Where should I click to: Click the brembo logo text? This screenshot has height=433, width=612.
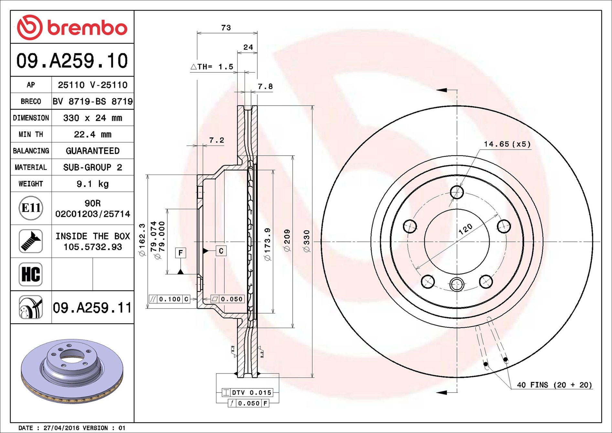coord(87,27)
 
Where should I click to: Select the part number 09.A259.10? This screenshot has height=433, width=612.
coord(72,61)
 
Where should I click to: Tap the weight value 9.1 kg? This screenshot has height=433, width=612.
coord(92,184)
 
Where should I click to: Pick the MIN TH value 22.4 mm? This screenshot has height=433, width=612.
coord(92,134)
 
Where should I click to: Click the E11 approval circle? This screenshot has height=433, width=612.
coord(31,208)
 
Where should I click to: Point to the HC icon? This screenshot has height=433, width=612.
coord(31,274)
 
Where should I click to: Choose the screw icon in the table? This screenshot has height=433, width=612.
coord(31,241)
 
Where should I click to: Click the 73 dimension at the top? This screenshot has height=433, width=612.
coord(226,28)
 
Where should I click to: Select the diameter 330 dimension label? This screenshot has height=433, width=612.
coord(306,241)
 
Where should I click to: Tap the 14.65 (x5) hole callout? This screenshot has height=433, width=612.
coord(507,144)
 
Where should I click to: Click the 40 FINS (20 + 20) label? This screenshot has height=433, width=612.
coord(554,385)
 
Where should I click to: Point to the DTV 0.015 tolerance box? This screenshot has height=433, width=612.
coord(247,393)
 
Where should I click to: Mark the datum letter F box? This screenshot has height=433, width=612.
coord(181,253)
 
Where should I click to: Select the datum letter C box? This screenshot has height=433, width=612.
coord(221,251)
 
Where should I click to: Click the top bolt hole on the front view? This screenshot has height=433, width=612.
coord(457,192)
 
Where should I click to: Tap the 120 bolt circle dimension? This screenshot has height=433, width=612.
coord(465,229)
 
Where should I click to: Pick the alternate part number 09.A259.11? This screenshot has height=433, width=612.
coord(92,308)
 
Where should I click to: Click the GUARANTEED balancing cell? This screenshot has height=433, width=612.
coord(92,151)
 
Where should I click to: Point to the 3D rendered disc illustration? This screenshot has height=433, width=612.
coord(72,371)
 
